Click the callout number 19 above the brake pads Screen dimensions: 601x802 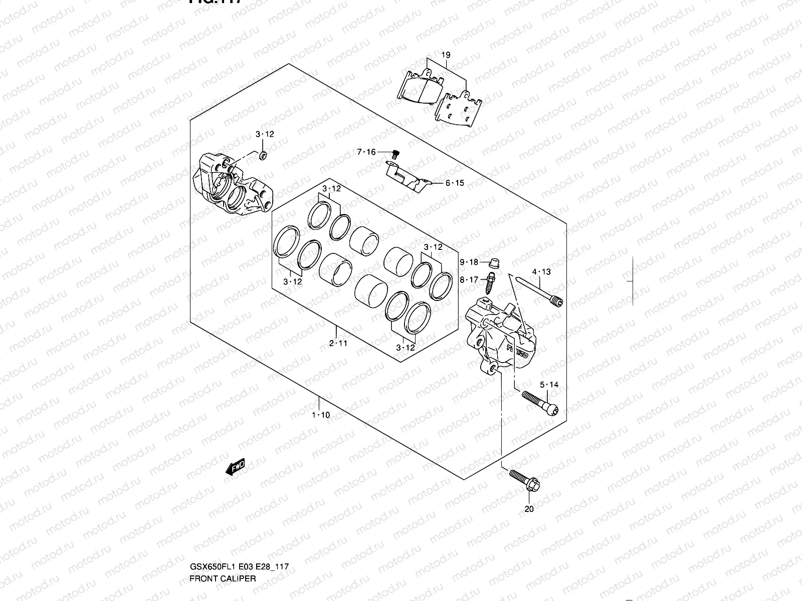(446, 55)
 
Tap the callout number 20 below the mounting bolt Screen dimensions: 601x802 (529, 509)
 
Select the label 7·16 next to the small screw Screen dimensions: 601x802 (366, 152)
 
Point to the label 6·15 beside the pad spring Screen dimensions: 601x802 (455, 183)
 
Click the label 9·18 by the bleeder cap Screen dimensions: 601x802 (469, 262)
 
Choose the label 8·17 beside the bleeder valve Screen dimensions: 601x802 (469, 280)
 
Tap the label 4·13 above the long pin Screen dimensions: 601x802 (541, 272)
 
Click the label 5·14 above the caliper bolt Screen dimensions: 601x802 (549, 385)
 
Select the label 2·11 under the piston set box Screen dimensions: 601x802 (338, 343)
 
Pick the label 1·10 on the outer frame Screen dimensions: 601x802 (321, 415)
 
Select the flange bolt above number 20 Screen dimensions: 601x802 (523, 479)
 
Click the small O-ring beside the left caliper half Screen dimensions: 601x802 (263, 155)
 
